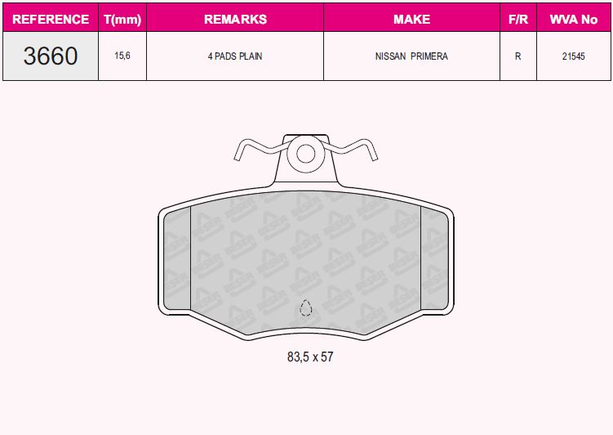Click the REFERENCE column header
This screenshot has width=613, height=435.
coord(51,19)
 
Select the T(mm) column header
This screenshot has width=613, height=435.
coord(122,19)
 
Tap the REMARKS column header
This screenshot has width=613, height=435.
coord(235,19)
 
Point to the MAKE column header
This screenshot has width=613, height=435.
coord(411,19)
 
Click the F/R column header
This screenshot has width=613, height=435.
coord(518,19)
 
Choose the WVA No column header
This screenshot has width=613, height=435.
coord(574,19)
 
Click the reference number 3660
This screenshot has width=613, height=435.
coord(51,56)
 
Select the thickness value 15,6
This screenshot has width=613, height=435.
coord(122,56)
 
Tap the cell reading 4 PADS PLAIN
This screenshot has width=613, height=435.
coord(235,56)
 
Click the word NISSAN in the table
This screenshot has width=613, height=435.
coord(390,56)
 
